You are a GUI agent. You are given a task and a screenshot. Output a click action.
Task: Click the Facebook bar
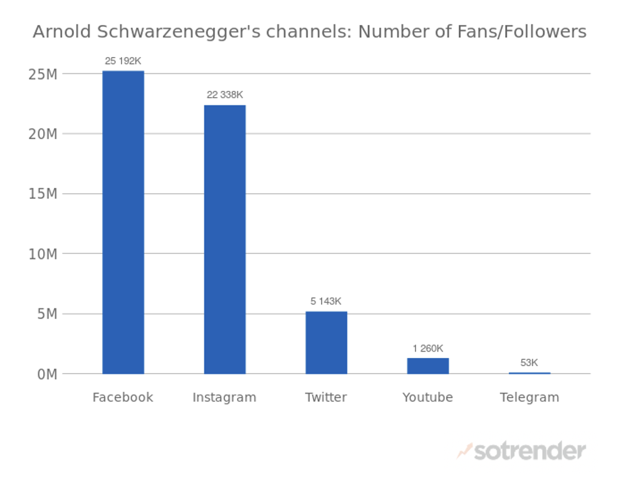pos(123,223)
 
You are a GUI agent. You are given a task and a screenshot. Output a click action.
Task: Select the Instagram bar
pos(224,239)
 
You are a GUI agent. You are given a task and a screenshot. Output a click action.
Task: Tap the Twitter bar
pos(326,342)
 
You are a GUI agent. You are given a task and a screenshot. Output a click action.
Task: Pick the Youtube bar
pos(427,365)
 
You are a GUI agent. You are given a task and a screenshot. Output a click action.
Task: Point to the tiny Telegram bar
pos(529,373)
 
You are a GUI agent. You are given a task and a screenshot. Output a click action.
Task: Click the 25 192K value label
pos(123,61)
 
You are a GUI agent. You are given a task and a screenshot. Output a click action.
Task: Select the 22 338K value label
pos(224,95)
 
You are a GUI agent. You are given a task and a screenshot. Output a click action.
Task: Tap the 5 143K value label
pos(326,301)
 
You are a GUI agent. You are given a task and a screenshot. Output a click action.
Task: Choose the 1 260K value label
pos(427,348)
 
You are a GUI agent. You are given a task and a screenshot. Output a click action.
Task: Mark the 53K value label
pos(529,362)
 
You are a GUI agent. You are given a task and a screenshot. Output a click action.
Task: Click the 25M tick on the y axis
pos(43,74)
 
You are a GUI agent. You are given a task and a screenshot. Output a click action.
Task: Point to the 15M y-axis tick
pos(43,194)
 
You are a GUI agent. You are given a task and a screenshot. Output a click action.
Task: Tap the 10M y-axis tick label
pos(43,254)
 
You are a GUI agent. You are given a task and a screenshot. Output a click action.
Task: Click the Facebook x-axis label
pos(123,397)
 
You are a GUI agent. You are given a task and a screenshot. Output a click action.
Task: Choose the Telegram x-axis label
pos(529,397)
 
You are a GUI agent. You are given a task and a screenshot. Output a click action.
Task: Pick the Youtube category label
pos(427,397)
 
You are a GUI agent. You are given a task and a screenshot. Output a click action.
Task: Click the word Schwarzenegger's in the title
pos(164,32)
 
